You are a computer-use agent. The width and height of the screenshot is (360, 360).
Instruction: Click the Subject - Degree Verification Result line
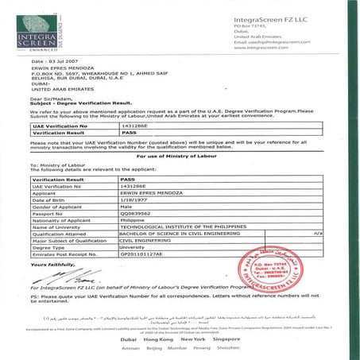[x=79, y=103]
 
